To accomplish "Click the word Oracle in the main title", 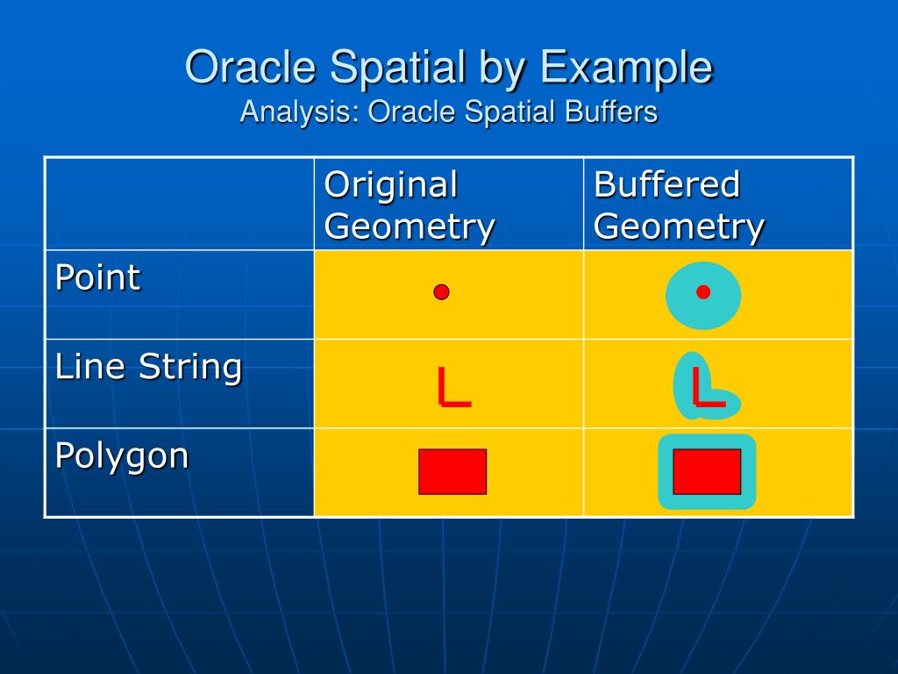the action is click(x=251, y=67).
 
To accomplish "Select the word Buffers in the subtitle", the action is click(x=611, y=111).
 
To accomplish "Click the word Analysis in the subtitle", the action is click(x=300, y=112).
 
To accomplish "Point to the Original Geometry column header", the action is click(x=409, y=205).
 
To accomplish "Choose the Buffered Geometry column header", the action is click(x=679, y=205).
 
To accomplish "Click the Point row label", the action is click(x=97, y=278).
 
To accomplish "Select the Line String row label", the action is click(x=148, y=368).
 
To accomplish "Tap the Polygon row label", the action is click(x=121, y=456).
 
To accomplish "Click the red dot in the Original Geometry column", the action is click(x=441, y=292).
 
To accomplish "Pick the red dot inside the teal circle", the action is click(x=703, y=292).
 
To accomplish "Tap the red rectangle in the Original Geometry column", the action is click(x=453, y=471).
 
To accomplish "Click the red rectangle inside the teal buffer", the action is click(x=707, y=471).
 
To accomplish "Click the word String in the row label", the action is click(x=190, y=369).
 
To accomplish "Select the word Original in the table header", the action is click(x=390, y=185).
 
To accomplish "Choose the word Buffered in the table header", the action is click(x=667, y=184).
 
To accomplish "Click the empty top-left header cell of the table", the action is click(x=179, y=203).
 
